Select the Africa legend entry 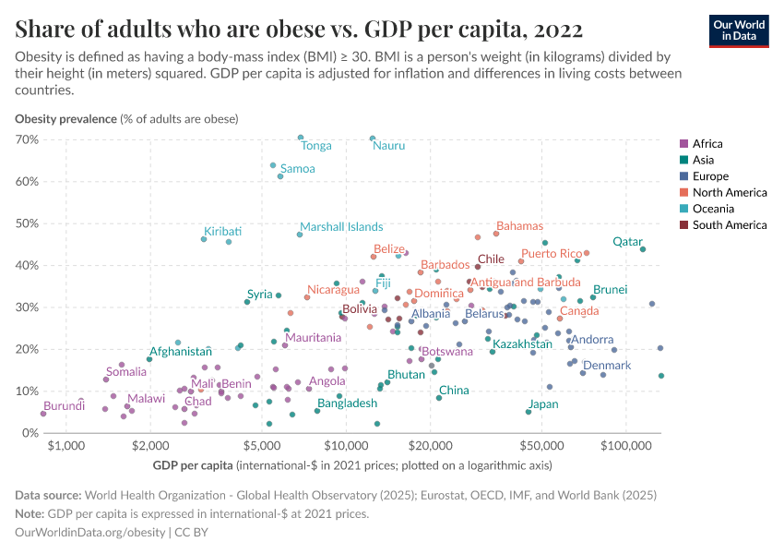coord(707,143)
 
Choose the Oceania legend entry coord(714,209)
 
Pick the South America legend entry coord(729,224)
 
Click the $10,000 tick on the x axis coord(346,447)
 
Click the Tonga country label coord(316,146)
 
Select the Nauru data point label coord(389,146)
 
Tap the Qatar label coord(627,242)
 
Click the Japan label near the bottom coord(542,404)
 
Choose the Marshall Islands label coord(341,227)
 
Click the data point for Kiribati coord(204,239)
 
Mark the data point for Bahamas coord(496,234)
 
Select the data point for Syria coord(247,302)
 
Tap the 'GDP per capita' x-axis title coord(193,464)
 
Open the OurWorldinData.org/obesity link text coord(90,532)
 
